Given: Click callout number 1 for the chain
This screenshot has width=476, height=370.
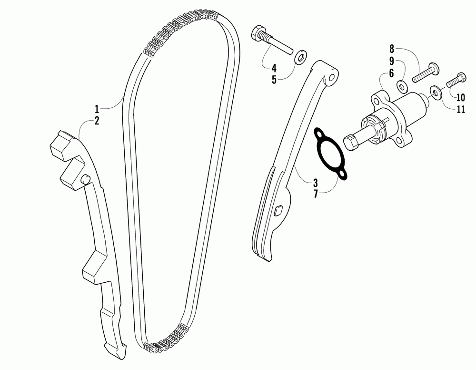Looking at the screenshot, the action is [97, 109].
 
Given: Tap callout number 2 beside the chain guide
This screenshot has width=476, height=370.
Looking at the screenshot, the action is [97, 121].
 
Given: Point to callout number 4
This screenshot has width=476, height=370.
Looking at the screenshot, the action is [274, 68].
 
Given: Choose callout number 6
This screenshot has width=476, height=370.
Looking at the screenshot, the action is [391, 73].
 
